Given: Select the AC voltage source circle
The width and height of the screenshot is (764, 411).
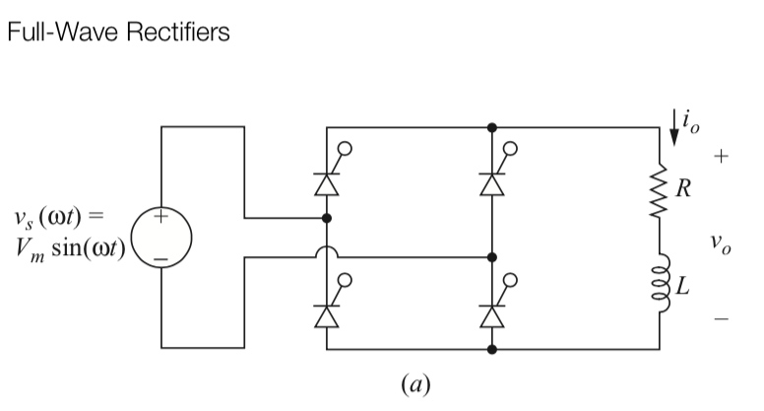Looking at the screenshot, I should click(162, 238).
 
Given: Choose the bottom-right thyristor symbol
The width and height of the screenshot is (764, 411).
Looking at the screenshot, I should click(492, 312).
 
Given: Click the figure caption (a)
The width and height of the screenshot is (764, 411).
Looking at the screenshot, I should click(414, 381).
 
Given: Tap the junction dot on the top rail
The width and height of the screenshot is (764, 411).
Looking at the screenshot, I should click(492, 127).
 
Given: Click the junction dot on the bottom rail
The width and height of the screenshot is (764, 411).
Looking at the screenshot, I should click(492, 349).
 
